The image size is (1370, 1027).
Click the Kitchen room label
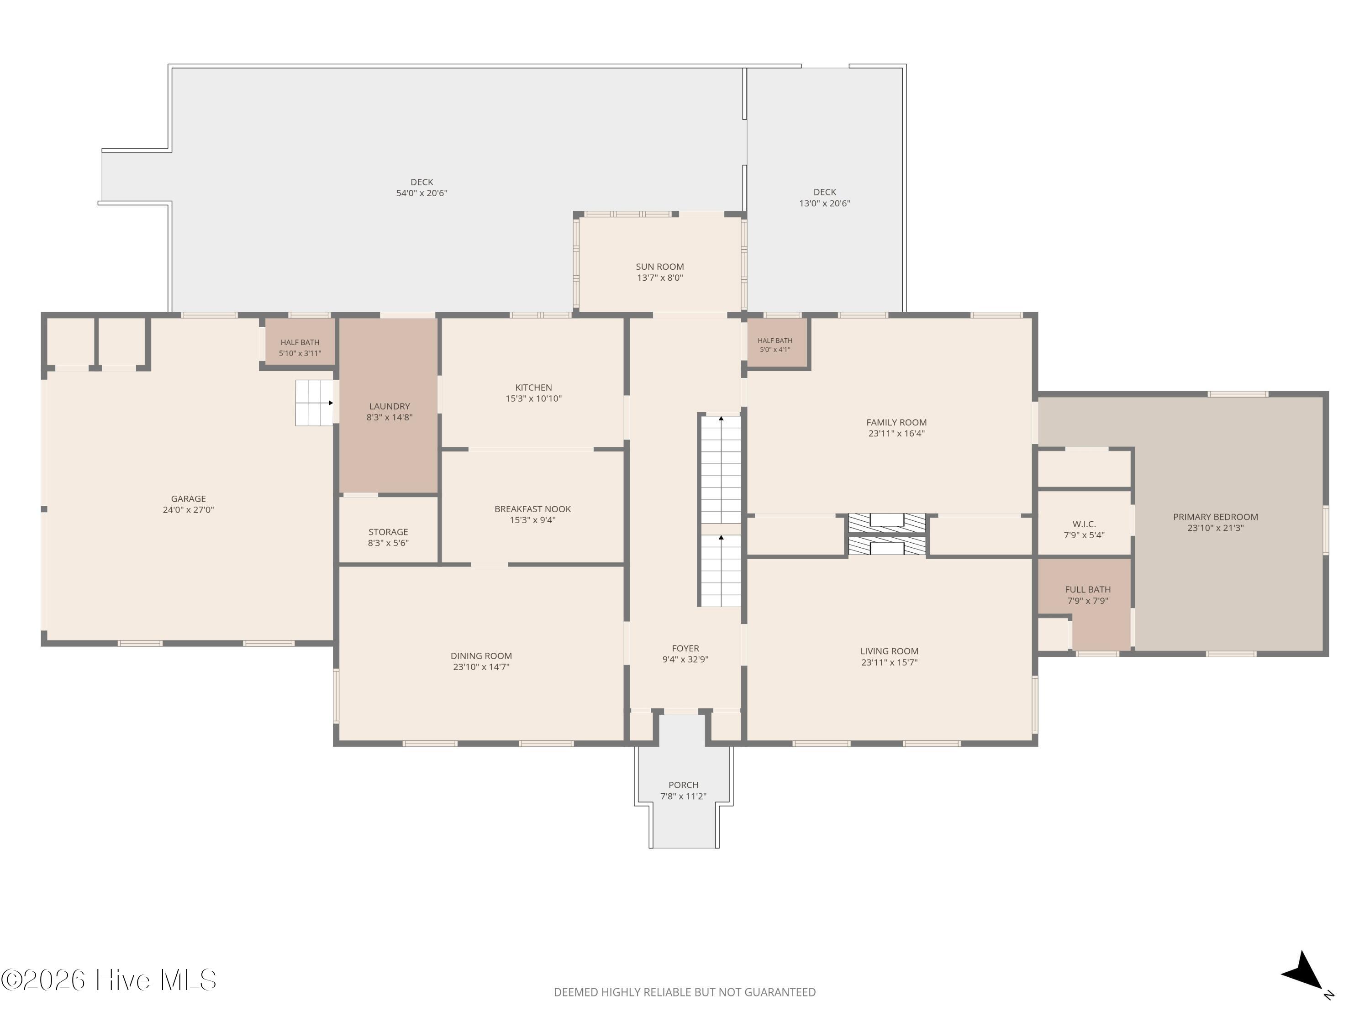[533, 388]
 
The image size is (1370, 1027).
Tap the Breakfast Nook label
[532, 509]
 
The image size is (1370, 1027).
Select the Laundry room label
[390, 406]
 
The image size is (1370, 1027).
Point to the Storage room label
[388, 532]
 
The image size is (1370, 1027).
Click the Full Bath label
[1088, 589]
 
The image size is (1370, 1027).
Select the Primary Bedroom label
[1216, 517]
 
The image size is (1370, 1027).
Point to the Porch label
[684, 785]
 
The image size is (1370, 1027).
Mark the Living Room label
[890, 651]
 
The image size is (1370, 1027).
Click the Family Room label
[897, 423]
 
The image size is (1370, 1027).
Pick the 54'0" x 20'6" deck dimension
[422, 193]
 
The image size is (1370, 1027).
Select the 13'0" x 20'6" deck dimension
[825, 203]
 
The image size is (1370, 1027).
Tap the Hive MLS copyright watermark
[109, 980]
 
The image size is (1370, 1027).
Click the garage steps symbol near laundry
[315, 403]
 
